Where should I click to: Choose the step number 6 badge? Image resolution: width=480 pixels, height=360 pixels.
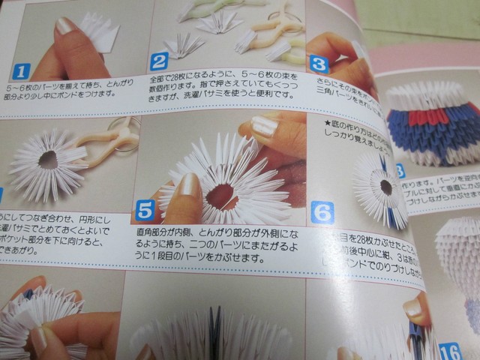pos(323,213)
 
